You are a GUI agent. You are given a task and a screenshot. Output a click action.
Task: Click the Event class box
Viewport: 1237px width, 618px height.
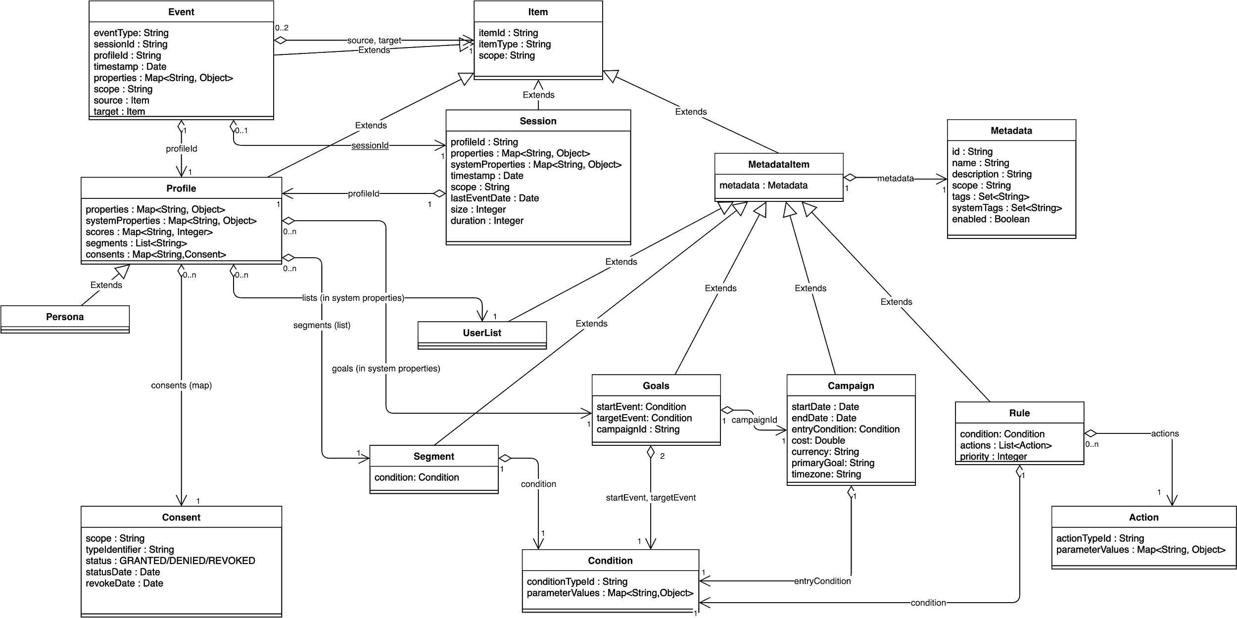point(181,12)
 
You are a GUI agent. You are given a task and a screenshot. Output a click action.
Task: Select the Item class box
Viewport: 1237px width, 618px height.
point(538,12)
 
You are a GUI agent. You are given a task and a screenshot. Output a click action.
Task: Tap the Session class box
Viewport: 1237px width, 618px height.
point(538,121)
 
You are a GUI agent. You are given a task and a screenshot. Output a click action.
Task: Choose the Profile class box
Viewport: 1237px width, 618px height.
point(181,188)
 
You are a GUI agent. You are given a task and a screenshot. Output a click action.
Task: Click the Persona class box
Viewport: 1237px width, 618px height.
point(65,317)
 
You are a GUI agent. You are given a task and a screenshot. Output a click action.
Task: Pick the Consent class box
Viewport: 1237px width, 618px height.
point(181,517)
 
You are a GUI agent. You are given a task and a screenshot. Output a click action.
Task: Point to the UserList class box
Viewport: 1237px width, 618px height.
point(482,333)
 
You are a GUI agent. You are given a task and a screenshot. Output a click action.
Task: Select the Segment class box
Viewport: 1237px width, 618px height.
point(434,456)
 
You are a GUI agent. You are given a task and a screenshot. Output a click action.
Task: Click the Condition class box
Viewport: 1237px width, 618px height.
point(610,560)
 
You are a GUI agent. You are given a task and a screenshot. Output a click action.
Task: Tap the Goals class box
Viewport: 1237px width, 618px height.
point(656,385)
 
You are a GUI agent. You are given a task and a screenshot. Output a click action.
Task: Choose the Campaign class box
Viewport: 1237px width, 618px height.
point(851,385)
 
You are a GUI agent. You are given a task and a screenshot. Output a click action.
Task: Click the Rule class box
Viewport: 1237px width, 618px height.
point(1019,413)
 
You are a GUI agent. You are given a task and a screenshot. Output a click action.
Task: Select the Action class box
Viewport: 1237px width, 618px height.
point(1143,517)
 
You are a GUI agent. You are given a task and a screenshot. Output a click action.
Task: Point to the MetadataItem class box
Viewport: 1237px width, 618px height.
point(779,164)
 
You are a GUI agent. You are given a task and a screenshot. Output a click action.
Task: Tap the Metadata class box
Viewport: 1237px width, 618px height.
point(1011,131)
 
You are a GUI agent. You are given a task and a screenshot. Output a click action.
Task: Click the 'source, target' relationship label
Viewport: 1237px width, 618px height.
point(374,41)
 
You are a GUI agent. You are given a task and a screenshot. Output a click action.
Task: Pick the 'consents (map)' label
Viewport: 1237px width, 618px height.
point(182,385)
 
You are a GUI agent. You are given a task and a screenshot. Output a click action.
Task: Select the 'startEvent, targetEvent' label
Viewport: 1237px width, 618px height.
point(651,498)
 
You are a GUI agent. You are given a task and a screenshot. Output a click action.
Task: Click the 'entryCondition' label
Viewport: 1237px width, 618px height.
point(822,581)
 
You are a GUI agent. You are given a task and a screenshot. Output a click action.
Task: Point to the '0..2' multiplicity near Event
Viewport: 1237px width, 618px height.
point(282,28)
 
